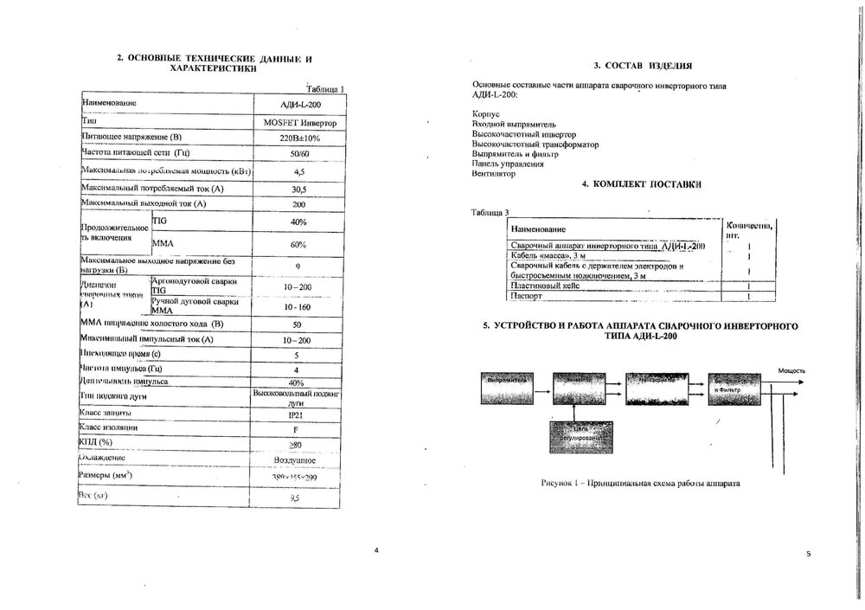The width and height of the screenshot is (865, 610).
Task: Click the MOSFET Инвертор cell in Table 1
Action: (x=298, y=123)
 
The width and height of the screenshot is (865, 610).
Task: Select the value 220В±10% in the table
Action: (x=298, y=138)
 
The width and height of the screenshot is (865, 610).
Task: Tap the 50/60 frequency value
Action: (x=298, y=153)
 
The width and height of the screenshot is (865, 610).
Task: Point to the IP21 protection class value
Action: (x=298, y=414)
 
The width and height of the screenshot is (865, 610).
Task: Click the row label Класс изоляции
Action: (x=108, y=427)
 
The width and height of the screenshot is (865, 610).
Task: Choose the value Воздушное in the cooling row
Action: (x=298, y=459)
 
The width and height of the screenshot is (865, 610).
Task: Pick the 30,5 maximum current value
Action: (x=299, y=189)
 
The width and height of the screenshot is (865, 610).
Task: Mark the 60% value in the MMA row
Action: (x=298, y=244)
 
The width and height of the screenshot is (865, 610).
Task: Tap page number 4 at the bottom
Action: (x=375, y=551)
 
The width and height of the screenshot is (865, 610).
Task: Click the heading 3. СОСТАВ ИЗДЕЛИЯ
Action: (x=643, y=66)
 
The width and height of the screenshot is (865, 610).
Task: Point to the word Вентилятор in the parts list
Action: (x=494, y=173)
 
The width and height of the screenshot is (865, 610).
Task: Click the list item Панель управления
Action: (x=508, y=163)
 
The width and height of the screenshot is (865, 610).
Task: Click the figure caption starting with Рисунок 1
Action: (x=641, y=483)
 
